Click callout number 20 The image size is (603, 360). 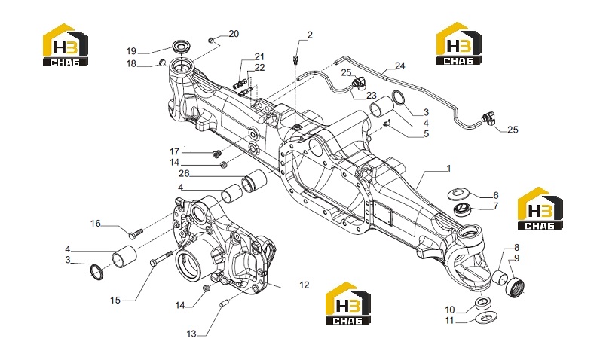[x=234, y=34]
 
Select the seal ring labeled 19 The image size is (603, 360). [x=179, y=47]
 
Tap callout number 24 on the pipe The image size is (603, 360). [x=400, y=66]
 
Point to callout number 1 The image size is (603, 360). [x=448, y=168]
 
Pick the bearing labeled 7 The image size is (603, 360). [x=463, y=209]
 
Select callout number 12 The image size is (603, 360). [x=305, y=285]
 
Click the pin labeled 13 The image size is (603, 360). [x=222, y=304]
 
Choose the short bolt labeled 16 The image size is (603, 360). [x=135, y=233]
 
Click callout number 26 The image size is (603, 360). [x=184, y=174]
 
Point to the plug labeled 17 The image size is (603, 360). [x=216, y=154]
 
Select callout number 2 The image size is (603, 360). [x=310, y=35]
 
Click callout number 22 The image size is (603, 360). [x=259, y=67]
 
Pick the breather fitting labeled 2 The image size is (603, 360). [x=295, y=59]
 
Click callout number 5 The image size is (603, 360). [x=426, y=134]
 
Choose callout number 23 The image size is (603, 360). [x=372, y=96]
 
